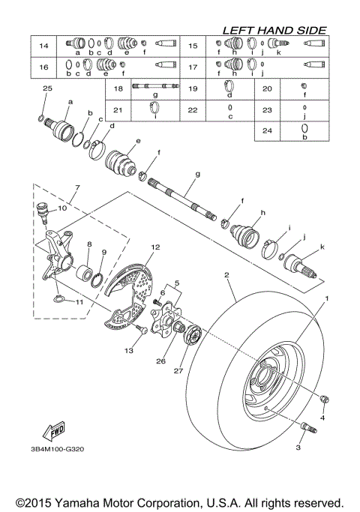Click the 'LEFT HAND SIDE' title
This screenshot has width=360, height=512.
coord(274,30)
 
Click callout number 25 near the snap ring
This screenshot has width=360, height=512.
coord(47,88)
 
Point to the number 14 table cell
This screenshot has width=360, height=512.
coord(43,46)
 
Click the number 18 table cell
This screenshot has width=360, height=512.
coord(118,88)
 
